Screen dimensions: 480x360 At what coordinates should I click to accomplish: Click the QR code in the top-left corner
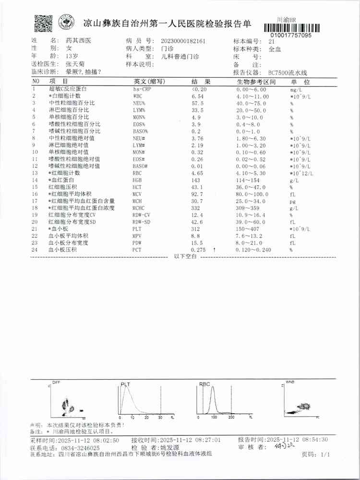point(43,23)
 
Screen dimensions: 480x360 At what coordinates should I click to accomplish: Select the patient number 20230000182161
point(183,41)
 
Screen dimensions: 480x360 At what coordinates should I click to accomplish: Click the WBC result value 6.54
point(197,96)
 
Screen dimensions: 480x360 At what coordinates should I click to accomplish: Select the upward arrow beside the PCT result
point(214,250)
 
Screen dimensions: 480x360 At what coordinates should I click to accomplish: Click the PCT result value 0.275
point(199,250)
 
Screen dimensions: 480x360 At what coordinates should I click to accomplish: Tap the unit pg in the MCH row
point(291,201)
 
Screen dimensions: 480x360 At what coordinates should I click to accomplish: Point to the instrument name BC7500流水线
point(287,72)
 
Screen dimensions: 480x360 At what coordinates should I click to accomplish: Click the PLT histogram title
point(126,384)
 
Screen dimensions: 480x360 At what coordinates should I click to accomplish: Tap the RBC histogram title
point(205,384)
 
